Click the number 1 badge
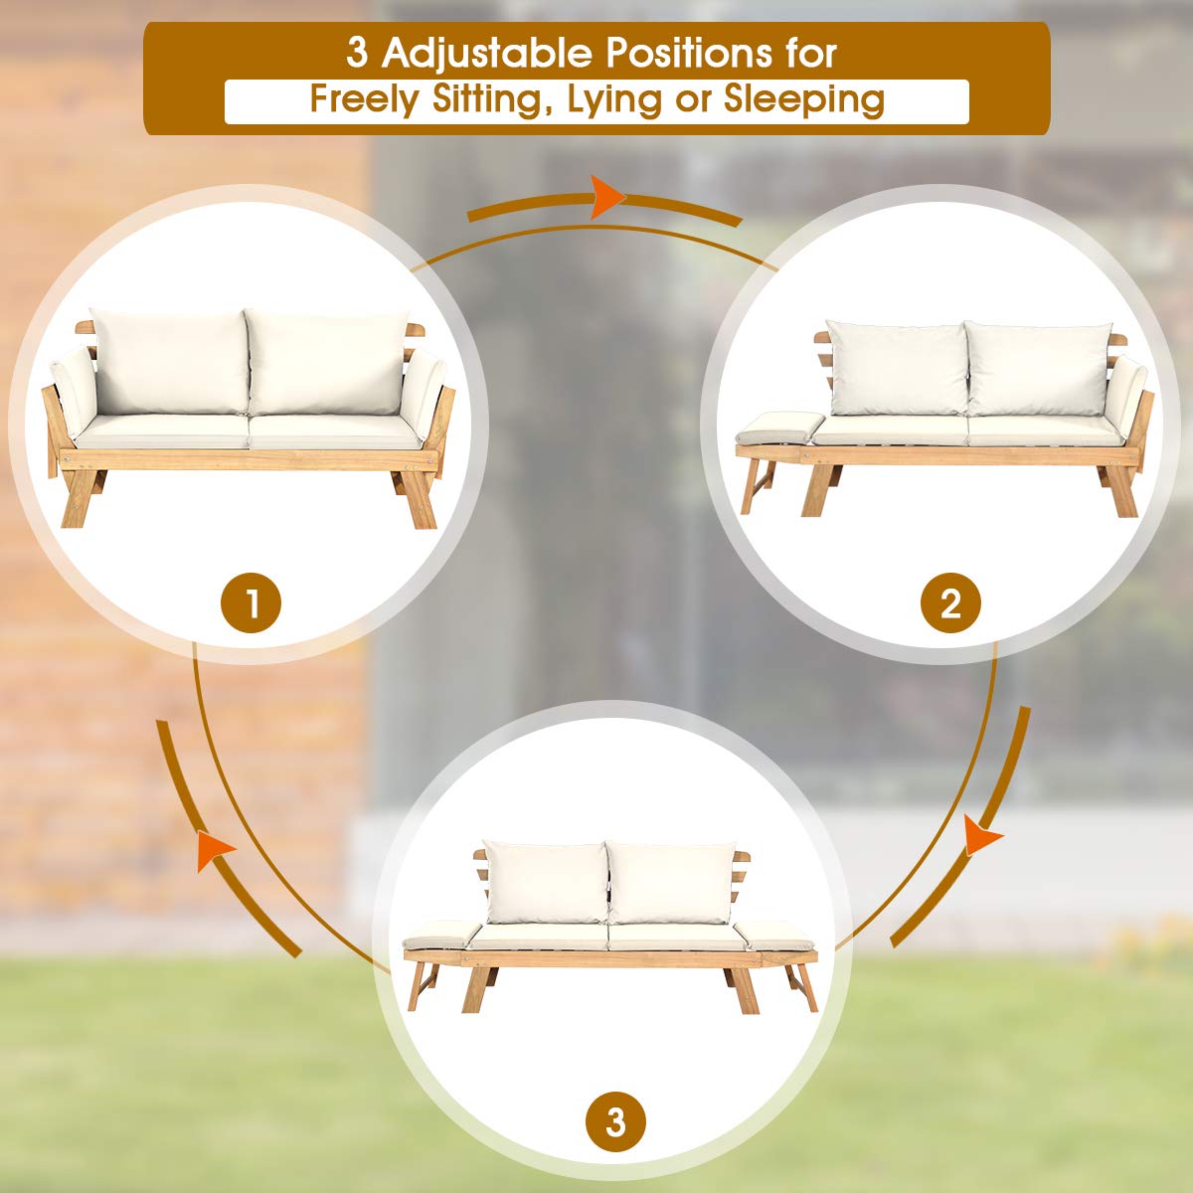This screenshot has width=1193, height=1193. pyautogui.click(x=251, y=602)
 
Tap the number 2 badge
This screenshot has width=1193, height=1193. pyautogui.click(x=950, y=602)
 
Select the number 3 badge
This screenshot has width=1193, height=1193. pyautogui.click(x=615, y=1123)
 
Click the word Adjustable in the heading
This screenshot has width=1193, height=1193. pyautogui.click(x=488, y=53)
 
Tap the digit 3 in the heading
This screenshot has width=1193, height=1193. pyautogui.click(x=357, y=53)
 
